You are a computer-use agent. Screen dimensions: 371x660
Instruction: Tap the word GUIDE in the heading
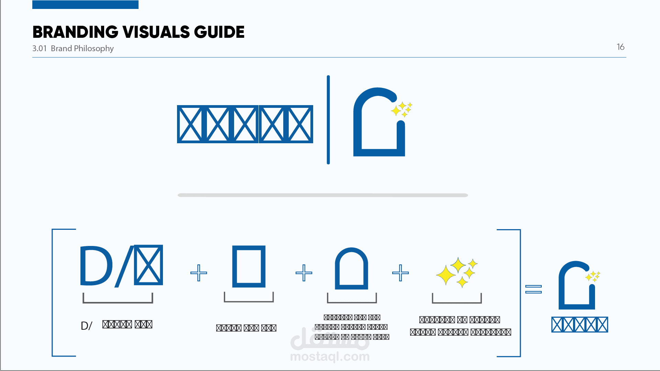(x=219, y=32)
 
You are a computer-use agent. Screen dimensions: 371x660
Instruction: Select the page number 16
(x=620, y=47)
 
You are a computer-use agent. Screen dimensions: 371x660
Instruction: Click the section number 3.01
(x=39, y=48)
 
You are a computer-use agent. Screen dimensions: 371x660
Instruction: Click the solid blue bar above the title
(x=85, y=4)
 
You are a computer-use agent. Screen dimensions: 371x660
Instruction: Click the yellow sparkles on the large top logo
(x=401, y=109)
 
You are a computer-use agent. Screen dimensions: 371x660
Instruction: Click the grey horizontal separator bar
(x=322, y=195)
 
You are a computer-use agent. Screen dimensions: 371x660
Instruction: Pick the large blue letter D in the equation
(x=96, y=266)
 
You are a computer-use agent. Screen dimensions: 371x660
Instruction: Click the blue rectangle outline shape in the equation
(x=249, y=267)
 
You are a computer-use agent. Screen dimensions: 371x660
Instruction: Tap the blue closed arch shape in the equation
(x=351, y=269)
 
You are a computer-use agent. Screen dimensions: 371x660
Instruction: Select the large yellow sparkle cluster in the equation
(x=456, y=272)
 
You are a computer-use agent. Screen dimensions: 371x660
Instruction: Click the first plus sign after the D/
(x=199, y=273)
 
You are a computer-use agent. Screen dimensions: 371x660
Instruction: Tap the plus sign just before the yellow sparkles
(x=400, y=273)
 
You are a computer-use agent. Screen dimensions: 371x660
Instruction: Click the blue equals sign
(x=533, y=289)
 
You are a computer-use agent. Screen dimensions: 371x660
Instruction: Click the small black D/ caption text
(x=86, y=326)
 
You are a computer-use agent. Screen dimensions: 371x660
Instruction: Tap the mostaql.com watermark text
(x=330, y=357)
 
